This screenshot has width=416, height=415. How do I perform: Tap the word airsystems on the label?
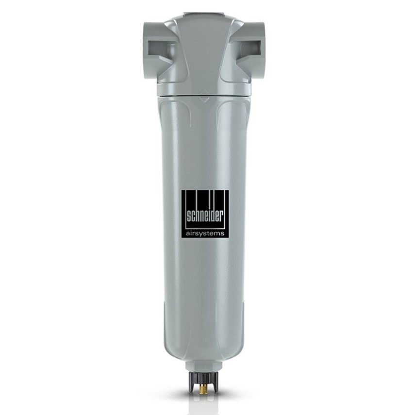pyautogui.click(x=205, y=233)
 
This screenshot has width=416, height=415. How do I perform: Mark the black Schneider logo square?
pyautogui.click(x=205, y=214)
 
